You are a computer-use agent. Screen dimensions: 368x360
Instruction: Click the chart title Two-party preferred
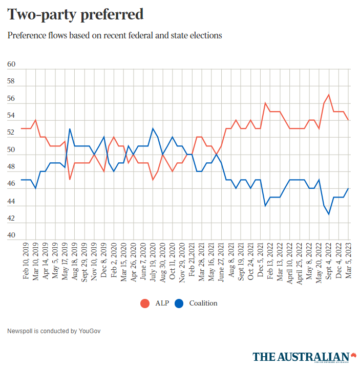tap(75, 15)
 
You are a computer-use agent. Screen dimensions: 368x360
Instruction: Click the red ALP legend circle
tap(145, 303)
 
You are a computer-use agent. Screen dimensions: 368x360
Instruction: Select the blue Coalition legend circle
tap(179, 303)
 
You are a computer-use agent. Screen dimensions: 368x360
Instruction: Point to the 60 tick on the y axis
tap(11, 65)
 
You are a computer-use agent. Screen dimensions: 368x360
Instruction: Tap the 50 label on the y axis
tap(11, 150)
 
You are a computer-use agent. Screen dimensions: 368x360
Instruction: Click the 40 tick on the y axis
tap(11, 236)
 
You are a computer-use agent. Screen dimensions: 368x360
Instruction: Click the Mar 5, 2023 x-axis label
tap(349, 259)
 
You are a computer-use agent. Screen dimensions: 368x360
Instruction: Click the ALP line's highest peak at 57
tap(329, 95)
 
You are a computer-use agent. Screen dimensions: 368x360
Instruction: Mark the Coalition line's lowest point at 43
tap(329, 214)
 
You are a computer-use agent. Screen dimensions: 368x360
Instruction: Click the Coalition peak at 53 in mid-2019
tap(70, 129)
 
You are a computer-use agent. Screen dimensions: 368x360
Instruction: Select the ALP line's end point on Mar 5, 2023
tap(349, 120)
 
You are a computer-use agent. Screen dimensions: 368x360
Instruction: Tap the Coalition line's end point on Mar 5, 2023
tap(349, 188)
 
